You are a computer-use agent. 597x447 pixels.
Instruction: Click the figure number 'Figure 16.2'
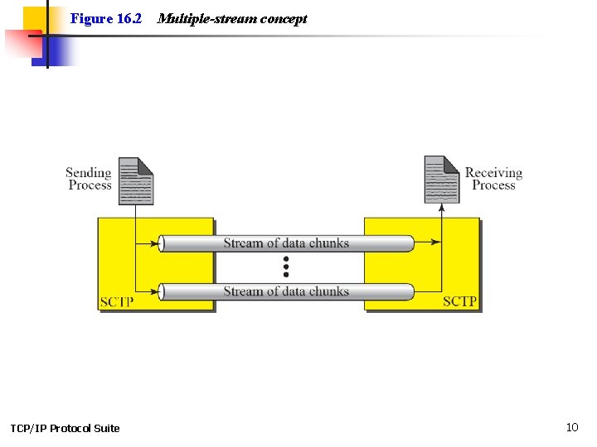pos(106,18)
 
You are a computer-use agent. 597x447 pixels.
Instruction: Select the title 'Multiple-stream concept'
pos(231,18)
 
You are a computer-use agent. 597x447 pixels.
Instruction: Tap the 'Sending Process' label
pos(89,179)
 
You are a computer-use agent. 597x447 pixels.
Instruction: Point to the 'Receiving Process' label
pos(493,179)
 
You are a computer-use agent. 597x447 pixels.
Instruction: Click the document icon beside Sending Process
pos(136,180)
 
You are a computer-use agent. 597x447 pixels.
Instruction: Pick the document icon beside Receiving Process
pos(441,180)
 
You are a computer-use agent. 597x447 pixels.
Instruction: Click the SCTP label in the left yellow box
pos(116,301)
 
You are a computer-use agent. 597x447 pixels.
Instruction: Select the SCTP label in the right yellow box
pos(459,301)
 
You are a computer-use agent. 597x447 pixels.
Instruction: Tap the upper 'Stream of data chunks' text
pos(286,243)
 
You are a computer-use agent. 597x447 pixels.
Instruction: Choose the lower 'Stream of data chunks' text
pos(286,291)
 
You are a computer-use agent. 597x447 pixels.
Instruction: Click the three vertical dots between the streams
pos(286,267)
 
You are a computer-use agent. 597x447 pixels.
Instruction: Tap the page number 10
pos(572,427)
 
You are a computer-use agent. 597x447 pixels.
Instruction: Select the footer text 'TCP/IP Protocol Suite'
pos(65,428)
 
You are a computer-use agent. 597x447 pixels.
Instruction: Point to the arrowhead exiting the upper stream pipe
pos(436,243)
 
